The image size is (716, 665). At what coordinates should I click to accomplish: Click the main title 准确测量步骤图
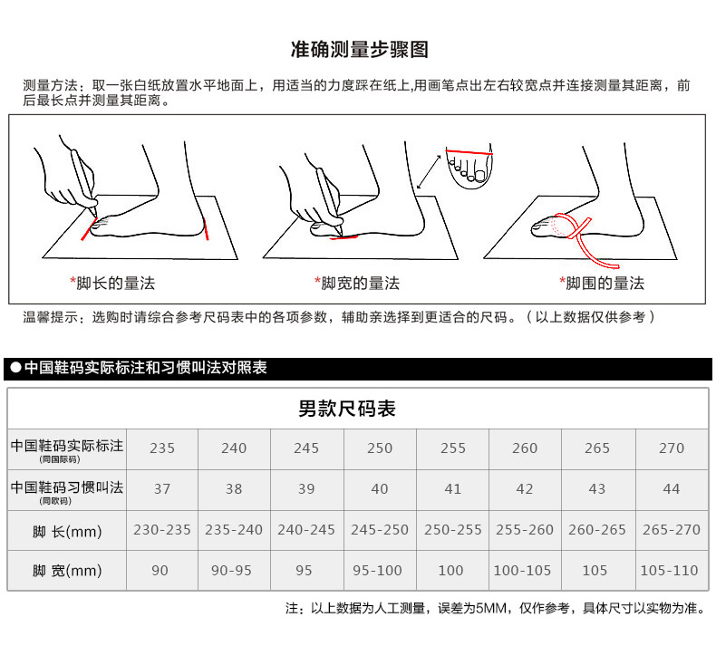360,49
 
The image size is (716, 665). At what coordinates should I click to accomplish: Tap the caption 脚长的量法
115,284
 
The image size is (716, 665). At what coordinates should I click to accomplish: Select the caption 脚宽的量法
361,284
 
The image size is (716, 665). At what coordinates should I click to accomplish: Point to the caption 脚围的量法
605,284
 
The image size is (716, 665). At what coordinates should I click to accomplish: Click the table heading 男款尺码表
347,409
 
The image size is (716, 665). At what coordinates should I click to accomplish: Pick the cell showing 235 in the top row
162,448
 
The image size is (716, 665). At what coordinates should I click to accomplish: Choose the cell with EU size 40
380,489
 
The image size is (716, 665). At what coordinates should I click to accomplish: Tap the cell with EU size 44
672,489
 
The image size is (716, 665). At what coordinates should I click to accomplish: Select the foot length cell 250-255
452,529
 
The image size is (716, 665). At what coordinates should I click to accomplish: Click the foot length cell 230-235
162,529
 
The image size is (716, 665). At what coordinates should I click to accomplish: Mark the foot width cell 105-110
669,570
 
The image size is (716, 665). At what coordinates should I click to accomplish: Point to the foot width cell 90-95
231,570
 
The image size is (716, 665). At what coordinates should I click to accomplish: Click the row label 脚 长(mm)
67,531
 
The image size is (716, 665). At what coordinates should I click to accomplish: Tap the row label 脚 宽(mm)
67,571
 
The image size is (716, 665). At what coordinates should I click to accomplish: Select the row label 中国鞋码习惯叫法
67,487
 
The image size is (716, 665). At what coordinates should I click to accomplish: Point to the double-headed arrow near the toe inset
429,171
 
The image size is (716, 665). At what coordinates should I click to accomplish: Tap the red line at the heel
206,229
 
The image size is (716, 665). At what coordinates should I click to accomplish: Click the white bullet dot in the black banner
16,368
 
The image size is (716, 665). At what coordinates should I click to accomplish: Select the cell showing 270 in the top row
672,448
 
